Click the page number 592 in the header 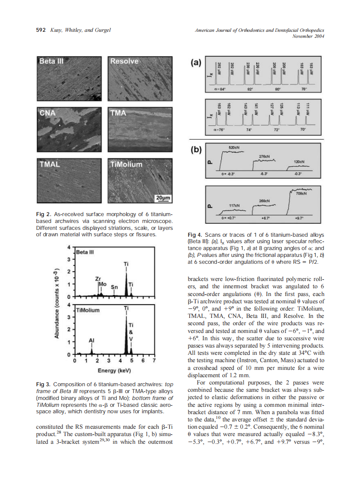point(40,30)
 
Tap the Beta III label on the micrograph point(51,61)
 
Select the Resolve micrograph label point(124,61)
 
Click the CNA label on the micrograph point(48,113)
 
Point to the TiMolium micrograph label point(126,164)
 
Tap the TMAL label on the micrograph point(49,164)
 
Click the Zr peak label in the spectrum point(98,278)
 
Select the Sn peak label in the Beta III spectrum point(114,287)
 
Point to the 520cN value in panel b point(234,148)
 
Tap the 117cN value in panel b point(234,205)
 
